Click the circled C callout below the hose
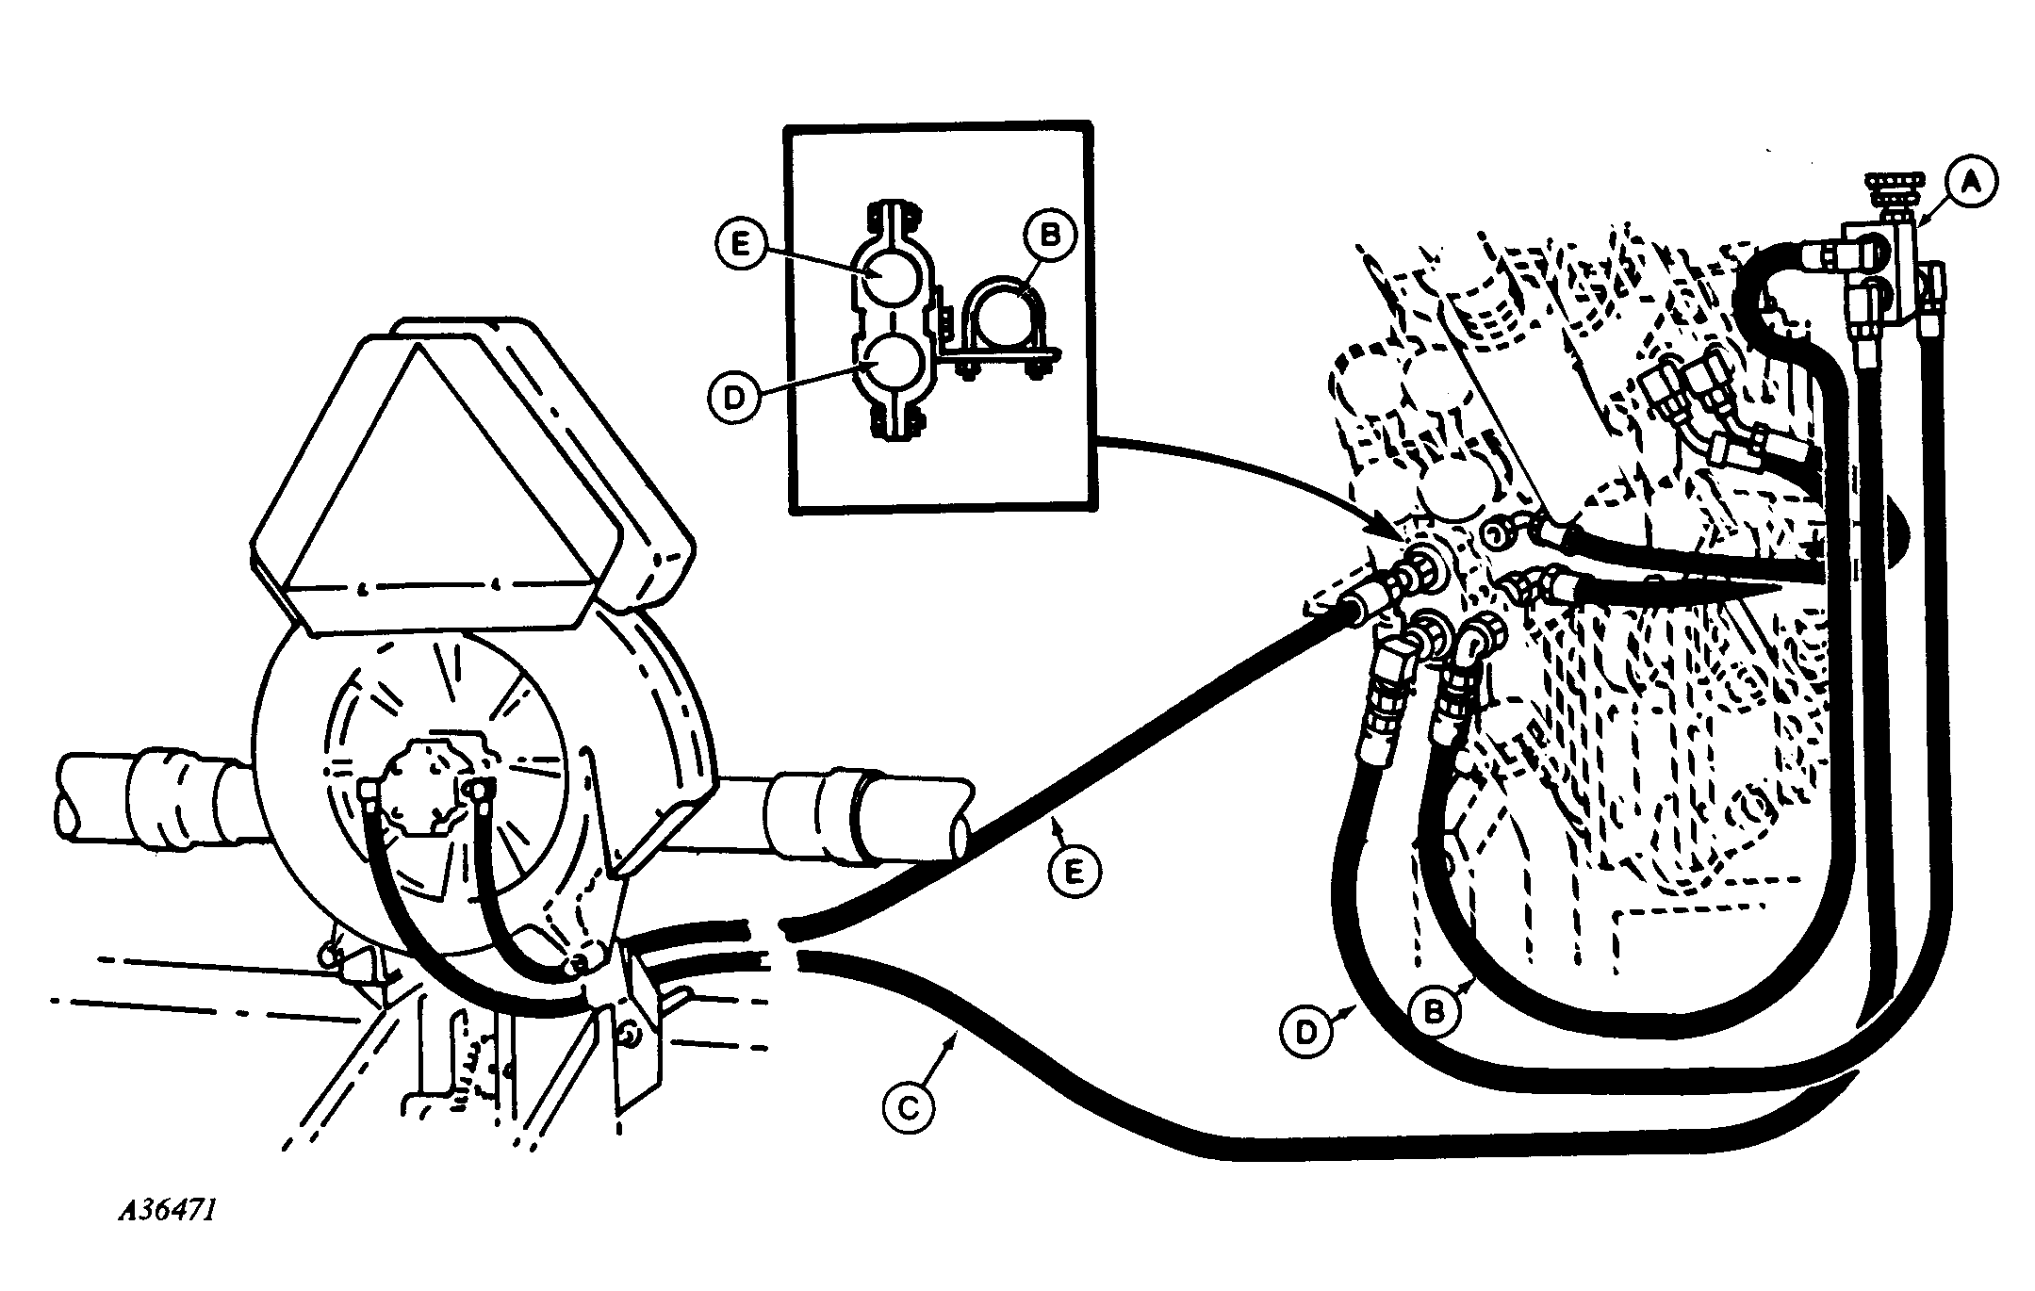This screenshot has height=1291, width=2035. pyautogui.click(x=908, y=1109)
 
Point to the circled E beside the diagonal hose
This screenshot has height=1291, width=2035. pyautogui.click(x=1074, y=874)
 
